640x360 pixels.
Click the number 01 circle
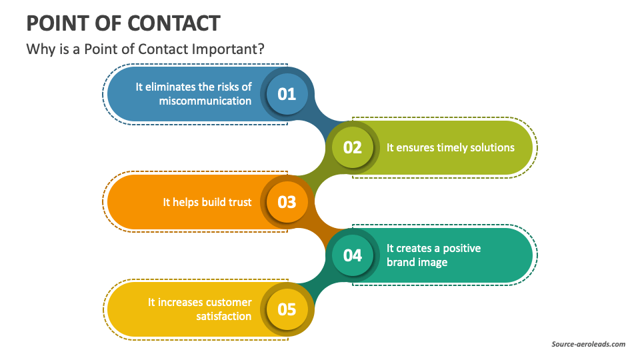[287, 94]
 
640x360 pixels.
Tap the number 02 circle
[353, 147]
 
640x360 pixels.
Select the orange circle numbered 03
[287, 202]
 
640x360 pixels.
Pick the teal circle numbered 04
[353, 255]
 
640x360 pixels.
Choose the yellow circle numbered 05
[287, 309]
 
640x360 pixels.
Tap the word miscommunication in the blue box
[205, 101]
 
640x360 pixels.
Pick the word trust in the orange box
[239, 202]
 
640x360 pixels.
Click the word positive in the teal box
[461, 249]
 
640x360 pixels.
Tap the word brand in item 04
[399, 262]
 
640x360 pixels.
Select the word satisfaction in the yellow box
[224, 316]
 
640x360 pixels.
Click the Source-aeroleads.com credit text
[589, 344]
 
